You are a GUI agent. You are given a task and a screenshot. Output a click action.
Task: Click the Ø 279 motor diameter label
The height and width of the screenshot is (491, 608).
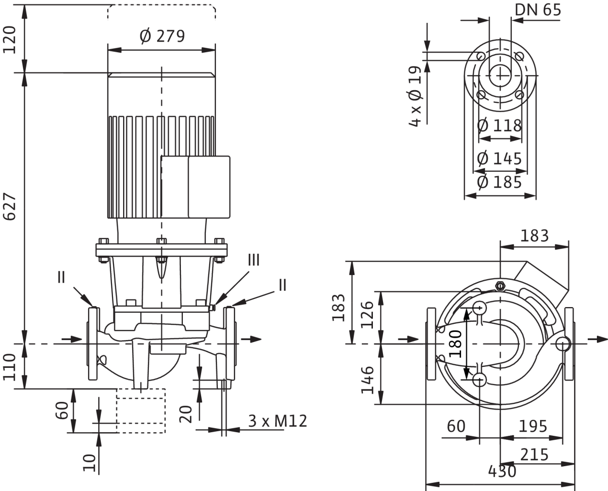click(163, 36)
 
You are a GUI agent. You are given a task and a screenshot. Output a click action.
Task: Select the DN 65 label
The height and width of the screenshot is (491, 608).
click(538, 10)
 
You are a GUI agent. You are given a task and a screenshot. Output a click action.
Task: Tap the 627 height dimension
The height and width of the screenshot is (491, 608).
click(10, 206)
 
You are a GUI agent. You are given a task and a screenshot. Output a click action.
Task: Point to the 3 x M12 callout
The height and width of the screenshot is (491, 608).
click(278, 421)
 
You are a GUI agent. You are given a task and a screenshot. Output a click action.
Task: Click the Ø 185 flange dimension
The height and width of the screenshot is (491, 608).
click(499, 182)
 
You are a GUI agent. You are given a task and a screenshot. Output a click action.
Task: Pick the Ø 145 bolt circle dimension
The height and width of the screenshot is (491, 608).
click(499, 159)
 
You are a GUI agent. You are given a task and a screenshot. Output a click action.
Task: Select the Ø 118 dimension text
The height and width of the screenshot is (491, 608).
click(499, 125)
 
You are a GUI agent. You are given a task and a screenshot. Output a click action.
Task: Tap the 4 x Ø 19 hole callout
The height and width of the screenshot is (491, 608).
click(415, 96)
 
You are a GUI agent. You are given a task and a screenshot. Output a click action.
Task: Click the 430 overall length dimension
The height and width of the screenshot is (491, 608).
click(502, 471)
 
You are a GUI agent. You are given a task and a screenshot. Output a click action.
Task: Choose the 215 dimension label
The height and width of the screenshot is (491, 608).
click(535, 455)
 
